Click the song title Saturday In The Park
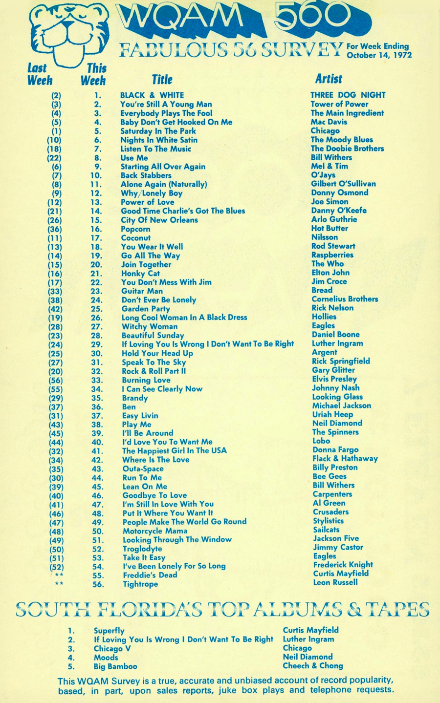(158, 131)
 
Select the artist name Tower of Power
(339, 104)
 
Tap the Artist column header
(329, 79)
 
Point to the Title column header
(162, 80)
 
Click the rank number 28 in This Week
(97, 336)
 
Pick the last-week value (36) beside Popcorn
(55, 229)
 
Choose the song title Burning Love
(146, 380)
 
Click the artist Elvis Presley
(334, 379)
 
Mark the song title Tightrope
(140, 584)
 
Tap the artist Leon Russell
(335, 582)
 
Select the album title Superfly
(109, 631)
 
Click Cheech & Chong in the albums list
(313, 666)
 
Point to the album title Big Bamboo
(115, 666)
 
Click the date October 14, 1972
(379, 55)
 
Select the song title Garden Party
(146, 309)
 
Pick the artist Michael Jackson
(341, 405)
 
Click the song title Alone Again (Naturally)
(164, 184)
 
